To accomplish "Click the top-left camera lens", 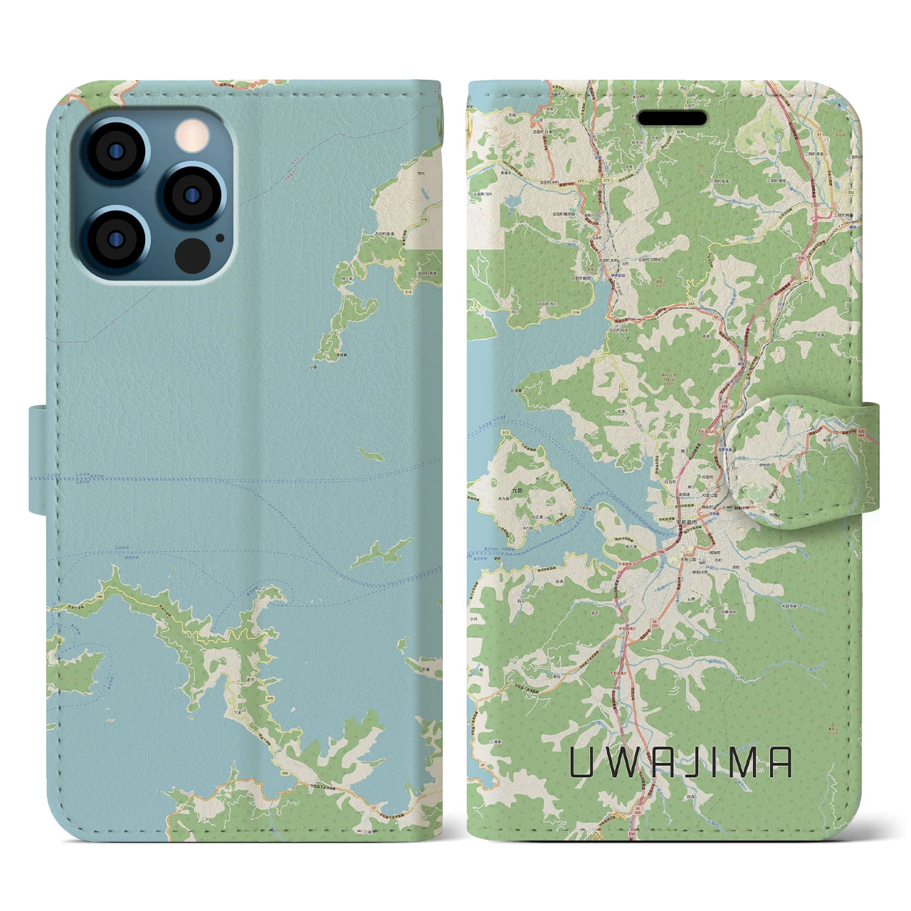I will point(115,152).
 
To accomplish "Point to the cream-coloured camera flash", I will point(190,135).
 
